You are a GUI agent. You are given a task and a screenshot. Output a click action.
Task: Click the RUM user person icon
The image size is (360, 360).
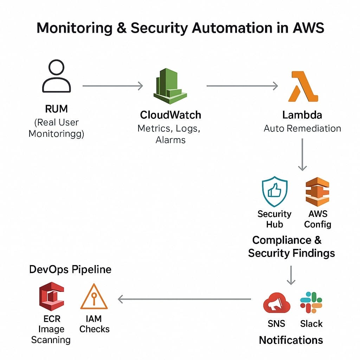coord(56,76)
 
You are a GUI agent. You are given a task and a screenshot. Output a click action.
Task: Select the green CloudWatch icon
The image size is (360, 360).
coord(171,84)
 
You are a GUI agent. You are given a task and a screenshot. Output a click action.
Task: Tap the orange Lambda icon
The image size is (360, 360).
coord(303,86)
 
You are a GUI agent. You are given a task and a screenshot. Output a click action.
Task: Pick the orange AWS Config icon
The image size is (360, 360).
coord(317,192)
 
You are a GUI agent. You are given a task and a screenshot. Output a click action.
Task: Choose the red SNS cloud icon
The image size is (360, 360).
coord(277,303)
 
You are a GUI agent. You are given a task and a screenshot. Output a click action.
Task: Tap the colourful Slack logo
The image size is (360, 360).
coord(311,302)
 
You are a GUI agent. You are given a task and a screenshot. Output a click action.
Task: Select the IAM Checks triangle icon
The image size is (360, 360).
coord(94,297)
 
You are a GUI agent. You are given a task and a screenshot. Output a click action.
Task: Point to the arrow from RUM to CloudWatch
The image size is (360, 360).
coord(112,85)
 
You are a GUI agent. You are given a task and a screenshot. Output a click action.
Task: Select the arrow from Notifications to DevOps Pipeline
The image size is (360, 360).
coord(185,299)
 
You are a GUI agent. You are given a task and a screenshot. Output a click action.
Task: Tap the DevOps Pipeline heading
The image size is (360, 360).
coord(70,269)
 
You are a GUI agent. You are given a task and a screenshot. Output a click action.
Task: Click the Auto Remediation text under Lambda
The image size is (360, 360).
coord(302,128)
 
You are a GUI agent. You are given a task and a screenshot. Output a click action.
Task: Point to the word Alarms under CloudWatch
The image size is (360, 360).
coord(171,140)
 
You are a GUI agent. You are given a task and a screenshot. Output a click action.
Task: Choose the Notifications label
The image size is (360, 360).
coord(291,340)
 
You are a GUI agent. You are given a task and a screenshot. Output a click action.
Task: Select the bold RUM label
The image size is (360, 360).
coord(56,109)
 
